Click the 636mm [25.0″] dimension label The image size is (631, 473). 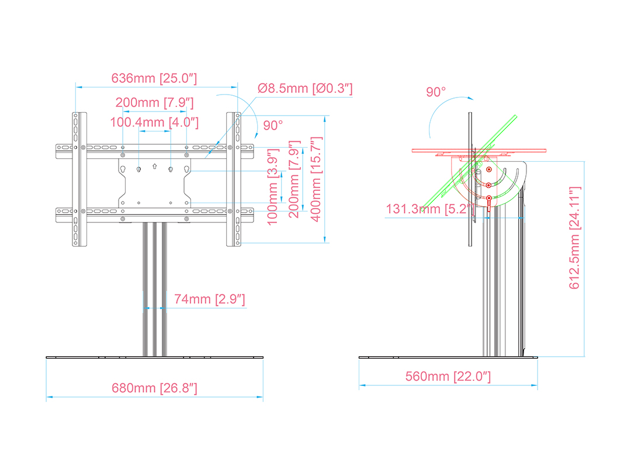(x=154, y=78)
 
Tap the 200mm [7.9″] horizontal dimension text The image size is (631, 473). (x=154, y=103)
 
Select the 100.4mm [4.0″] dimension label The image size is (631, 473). (x=154, y=122)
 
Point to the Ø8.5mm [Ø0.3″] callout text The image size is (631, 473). (x=305, y=89)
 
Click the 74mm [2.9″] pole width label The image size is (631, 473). (x=209, y=299)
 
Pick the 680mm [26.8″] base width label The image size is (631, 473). (x=154, y=388)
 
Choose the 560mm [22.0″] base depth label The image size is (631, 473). (x=448, y=377)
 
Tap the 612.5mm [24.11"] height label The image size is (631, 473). (x=575, y=238)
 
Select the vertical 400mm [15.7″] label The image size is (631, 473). (x=316, y=179)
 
